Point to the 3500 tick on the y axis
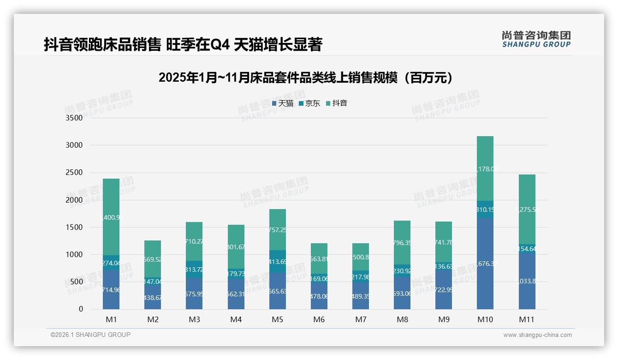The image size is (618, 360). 74,118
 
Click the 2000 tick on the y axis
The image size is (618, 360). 74,200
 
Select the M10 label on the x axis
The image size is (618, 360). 485,319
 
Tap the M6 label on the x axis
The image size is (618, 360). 319,319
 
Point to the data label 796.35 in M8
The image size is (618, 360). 402,242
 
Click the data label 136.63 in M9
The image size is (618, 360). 444,266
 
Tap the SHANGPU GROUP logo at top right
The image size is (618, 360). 536,39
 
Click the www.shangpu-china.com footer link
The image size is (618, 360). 537,335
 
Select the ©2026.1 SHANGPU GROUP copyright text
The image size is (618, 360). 90,335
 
